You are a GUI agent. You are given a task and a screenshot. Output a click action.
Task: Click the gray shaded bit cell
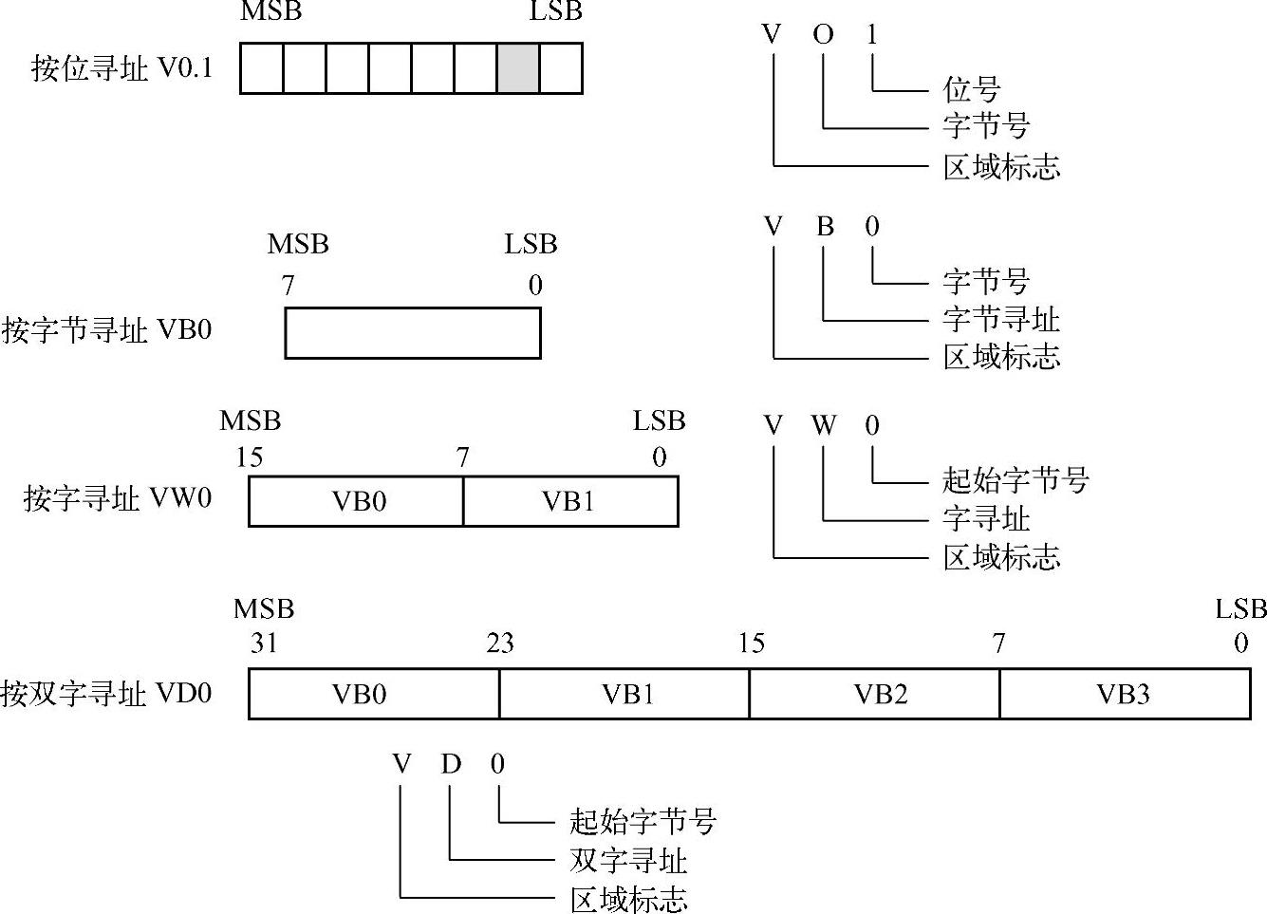click(x=518, y=68)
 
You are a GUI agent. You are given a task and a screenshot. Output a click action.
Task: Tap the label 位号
click(x=971, y=89)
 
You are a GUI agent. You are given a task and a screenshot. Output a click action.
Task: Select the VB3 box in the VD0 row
click(x=1125, y=694)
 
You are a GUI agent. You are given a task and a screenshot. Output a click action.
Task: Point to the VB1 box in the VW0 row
click(x=570, y=501)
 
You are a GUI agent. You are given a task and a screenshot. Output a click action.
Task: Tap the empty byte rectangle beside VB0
click(x=413, y=332)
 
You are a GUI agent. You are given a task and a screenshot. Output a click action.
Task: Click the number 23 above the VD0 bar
click(x=500, y=644)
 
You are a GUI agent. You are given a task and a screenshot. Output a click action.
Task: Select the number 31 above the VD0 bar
click(x=264, y=644)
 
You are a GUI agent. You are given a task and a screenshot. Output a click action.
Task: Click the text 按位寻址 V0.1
click(x=121, y=68)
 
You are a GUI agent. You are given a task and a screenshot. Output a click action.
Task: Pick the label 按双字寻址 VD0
click(x=106, y=694)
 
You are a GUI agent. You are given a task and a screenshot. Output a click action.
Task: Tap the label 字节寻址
click(x=1000, y=319)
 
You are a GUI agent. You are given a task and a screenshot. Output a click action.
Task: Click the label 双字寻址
click(x=627, y=861)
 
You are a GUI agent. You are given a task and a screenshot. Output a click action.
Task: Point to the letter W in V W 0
click(x=823, y=425)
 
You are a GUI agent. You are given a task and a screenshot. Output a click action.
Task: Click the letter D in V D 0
click(x=450, y=764)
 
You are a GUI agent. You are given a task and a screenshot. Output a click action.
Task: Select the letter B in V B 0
click(x=824, y=226)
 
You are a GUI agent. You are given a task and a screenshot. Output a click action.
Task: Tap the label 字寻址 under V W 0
click(x=985, y=518)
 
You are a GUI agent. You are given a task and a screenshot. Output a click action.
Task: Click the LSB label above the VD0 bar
click(x=1240, y=608)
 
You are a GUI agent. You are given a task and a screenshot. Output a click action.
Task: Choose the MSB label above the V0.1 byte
click(x=270, y=12)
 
